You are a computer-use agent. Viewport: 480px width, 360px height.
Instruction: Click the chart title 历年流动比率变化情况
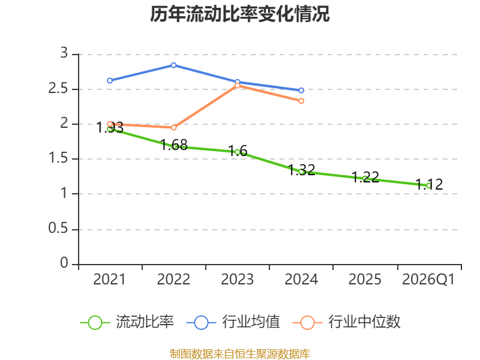coord(239,14)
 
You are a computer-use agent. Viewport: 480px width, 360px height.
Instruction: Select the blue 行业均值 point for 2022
coord(173,65)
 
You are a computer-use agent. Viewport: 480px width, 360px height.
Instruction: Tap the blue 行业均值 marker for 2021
coord(110,80)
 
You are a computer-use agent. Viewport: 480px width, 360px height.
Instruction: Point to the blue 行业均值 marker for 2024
coord(301,91)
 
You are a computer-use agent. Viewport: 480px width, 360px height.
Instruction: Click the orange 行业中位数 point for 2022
coord(173,127)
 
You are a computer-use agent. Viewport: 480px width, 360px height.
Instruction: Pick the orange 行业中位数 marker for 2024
coord(301,101)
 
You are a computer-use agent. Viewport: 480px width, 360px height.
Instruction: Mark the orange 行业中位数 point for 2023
coord(237,85)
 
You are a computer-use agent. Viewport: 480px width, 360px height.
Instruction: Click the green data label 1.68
coord(174,145)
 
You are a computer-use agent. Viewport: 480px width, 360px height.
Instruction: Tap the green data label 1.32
coord(302,170)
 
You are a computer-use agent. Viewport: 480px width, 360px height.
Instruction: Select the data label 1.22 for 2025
coord(365,177)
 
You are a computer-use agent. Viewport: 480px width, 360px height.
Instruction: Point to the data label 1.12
coord(429,184)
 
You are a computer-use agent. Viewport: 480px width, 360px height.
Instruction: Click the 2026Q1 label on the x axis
coord(428,279)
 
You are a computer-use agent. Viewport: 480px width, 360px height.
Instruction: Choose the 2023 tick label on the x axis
coord(237,279)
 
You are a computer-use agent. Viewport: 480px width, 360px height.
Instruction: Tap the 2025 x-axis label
coord(365,279)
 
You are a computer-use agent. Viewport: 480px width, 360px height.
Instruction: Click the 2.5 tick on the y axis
coord(58,88)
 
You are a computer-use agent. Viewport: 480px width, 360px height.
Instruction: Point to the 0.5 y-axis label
coord(58,229)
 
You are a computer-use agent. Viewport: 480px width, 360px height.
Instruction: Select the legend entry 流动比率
coord(127,322)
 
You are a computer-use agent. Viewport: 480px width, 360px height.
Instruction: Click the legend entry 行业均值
coord(233,322)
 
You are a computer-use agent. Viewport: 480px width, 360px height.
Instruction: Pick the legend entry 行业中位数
coord(347,322)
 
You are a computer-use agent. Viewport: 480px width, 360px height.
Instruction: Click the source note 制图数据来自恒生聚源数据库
coord(240,354)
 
